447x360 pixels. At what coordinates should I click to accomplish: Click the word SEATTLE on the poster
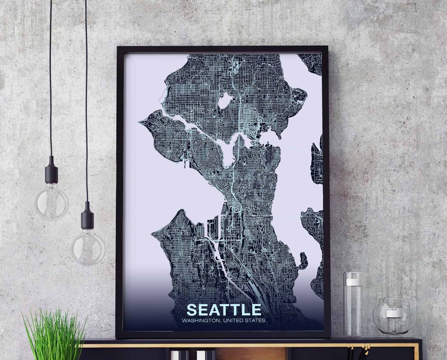point(224,310)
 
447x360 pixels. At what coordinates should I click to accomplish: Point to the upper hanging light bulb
point(52,202)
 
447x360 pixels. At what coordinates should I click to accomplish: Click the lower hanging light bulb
point(88,247)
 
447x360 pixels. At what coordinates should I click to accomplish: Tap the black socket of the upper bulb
point(51,169)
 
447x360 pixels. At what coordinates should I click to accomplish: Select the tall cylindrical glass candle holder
point(354,304)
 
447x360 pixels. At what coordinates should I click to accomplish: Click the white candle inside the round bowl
point(394,313)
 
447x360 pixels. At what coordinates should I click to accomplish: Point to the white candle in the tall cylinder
point(354,282)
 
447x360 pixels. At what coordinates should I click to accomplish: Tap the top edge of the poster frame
point(222,48)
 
